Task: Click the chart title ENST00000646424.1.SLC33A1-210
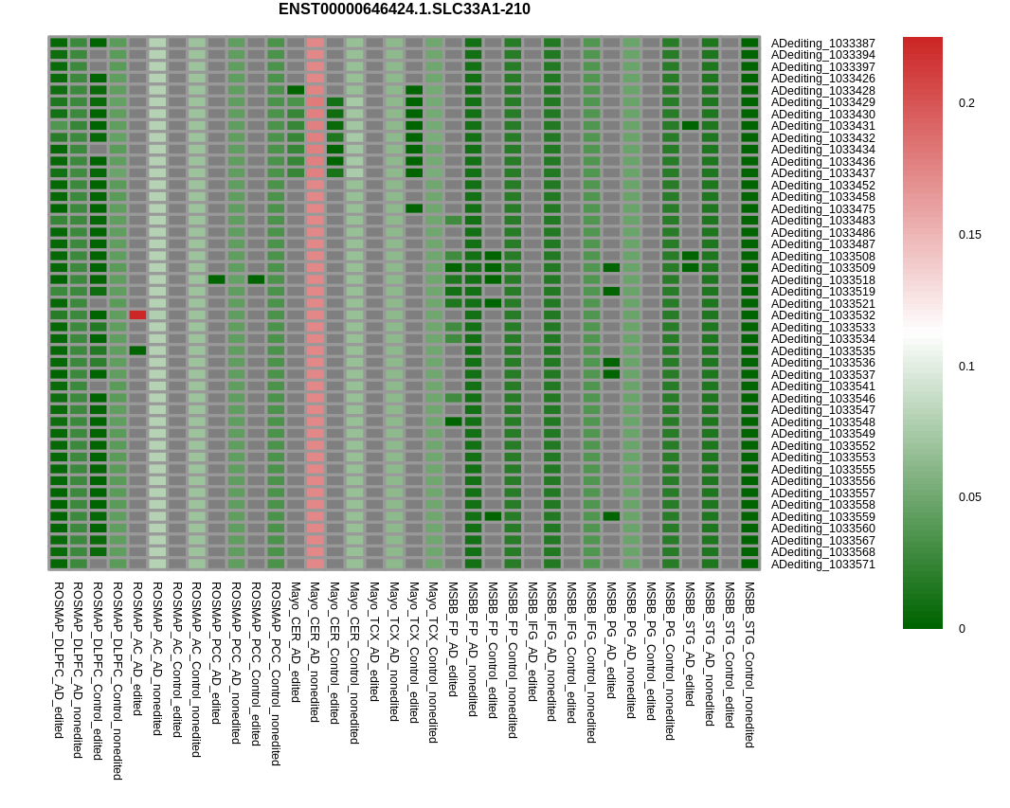pos(404,9)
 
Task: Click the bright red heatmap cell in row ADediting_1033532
pos(137,314)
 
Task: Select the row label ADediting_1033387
pos(822,44)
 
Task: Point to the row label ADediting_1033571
pos(822,565)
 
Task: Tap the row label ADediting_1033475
pos(822,209)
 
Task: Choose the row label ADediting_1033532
pos(822,315)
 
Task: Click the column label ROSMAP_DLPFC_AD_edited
pos(59,659)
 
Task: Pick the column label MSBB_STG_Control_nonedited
pos(749,665)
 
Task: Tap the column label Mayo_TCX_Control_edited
pos(414,653)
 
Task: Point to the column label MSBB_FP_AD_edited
pos(453,639)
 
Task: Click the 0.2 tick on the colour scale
pos(966,103)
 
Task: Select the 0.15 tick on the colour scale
pos(969,235)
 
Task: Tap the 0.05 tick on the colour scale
pos(969,497)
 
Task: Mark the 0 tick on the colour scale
pos(962,628)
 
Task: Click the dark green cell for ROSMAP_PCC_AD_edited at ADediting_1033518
pos(217,279)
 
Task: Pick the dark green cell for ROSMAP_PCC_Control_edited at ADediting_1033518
pos(256,279)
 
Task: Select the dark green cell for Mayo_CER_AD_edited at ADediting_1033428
pos(296,90)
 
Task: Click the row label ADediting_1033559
pos(822,517)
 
